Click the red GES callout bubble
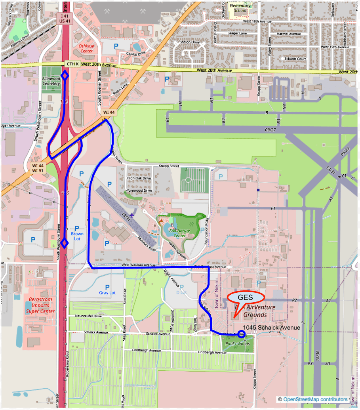click(x=245, y=298)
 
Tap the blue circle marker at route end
click(x=242, y=334)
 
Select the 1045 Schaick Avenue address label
click(x=272, y=328)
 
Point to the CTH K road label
click(x=73, y=64)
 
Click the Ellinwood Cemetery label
click(x=51, y=81)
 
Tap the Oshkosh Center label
click(x=86, y=48)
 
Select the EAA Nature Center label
click(x=180, y=233)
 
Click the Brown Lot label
click(x=77, y=236)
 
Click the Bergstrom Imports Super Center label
click(x=40, y=305)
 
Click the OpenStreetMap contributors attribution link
click(x=315, y=399)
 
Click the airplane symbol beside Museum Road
click(x=132, y=214)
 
